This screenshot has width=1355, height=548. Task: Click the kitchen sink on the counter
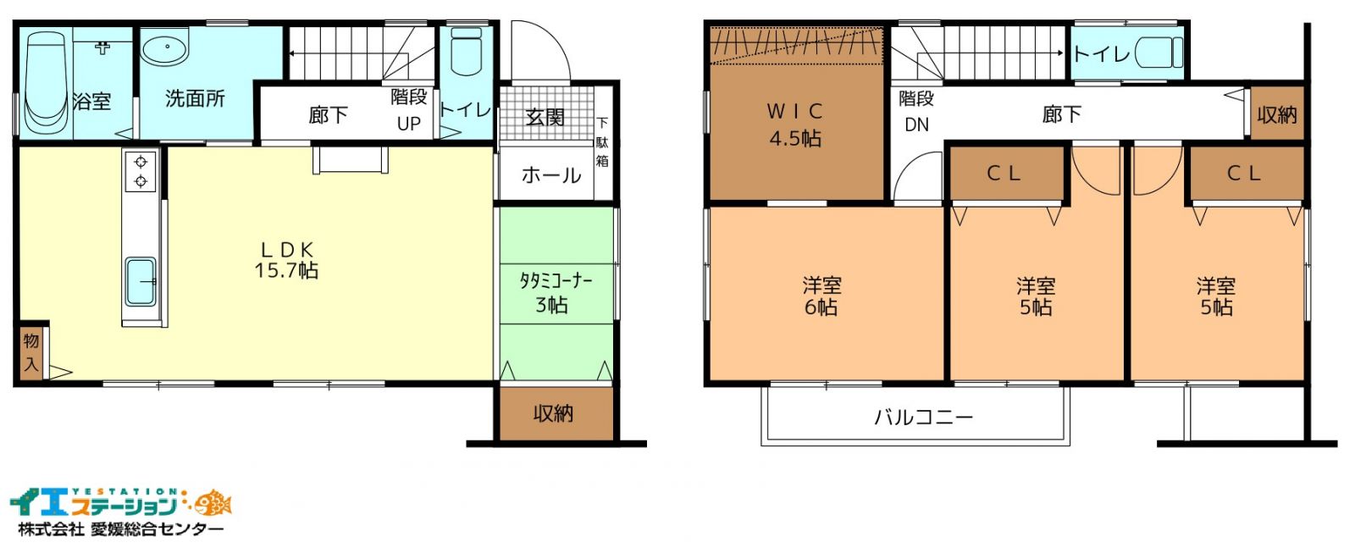(141, 282)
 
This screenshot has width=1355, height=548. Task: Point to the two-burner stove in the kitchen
(141, 171)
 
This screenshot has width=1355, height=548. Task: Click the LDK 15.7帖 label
(286, 259)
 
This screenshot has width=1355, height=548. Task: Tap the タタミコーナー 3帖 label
(556, 293)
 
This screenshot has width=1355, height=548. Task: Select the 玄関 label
(545, 117)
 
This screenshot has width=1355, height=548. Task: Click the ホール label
(551, 175)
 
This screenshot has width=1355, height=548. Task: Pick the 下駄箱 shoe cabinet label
(602, 142)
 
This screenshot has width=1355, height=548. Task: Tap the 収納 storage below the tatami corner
(554, 413)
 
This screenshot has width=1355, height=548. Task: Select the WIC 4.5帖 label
(795, 125)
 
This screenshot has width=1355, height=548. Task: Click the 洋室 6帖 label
(821, 296)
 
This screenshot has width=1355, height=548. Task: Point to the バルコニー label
(923, 418)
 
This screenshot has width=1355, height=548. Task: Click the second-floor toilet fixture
(1159, 53)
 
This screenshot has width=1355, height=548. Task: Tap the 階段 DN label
(916, 111)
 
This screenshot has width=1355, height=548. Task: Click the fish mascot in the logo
(215, 502)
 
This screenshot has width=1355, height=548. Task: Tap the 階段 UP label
(409, 110)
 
